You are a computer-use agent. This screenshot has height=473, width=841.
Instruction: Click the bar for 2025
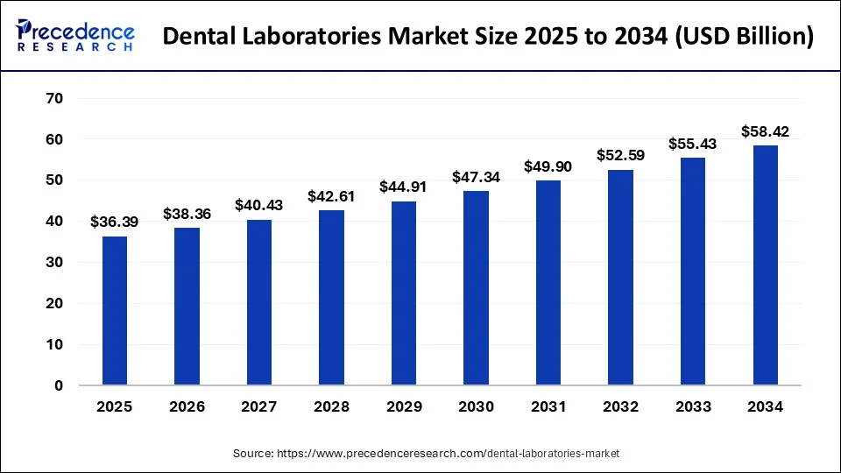click(114, 311)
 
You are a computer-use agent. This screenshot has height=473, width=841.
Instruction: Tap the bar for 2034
click(766, 265)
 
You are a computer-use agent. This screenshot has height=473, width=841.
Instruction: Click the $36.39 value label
click(114, 222)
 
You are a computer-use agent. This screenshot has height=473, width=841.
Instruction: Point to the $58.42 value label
click(766, 131)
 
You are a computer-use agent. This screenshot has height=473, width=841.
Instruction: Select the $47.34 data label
click(476, 177)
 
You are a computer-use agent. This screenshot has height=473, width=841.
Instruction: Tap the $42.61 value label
click(331, 196)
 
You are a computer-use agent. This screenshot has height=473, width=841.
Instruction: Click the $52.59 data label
click(620, 156)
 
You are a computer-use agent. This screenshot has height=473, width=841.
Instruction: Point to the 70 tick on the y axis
click(54, 99)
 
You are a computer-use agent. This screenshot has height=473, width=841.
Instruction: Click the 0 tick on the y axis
click(59, 385)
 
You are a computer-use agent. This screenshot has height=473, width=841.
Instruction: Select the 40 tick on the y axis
click(54, 222)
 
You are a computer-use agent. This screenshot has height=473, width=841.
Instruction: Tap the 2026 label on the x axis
click(187, 406)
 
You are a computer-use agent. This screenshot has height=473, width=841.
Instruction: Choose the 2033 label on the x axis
click(693, 406)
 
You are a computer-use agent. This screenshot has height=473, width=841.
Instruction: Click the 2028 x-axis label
click(331, 406)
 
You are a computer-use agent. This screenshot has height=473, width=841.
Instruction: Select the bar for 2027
click(258, 302)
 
